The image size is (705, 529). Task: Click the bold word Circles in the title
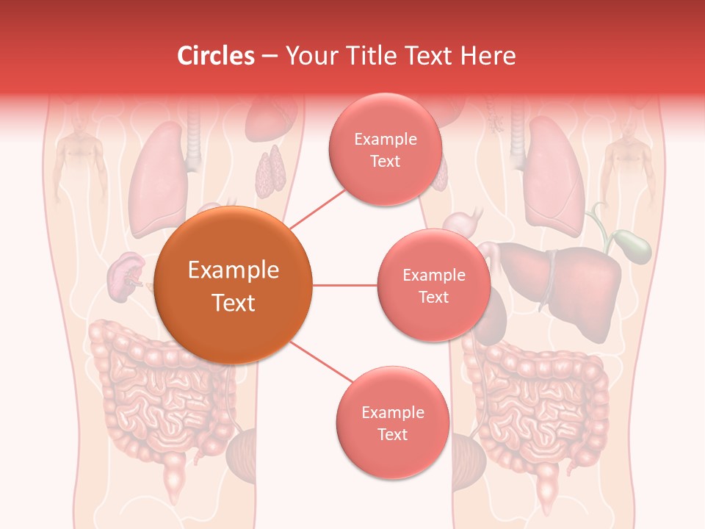click(x=216, y=56)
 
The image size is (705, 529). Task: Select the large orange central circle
click(x=234, y=285)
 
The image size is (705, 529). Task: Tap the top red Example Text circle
click(x=385, y=149)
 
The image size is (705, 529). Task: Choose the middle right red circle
click(x=433, y=285)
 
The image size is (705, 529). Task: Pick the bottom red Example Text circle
click(x=392, y=422)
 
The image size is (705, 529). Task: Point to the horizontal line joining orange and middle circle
click(x=344, y=285)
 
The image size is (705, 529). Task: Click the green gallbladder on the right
click(x=632, y=246)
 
